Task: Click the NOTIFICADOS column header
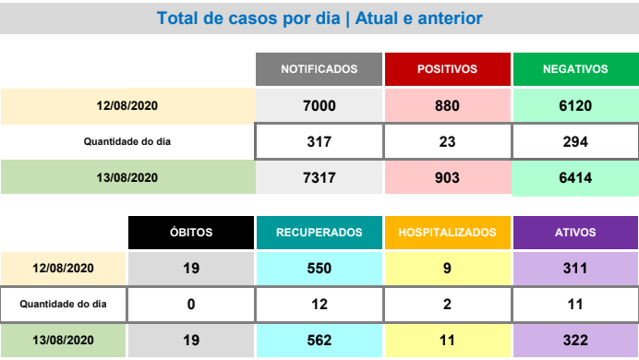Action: pos(319,69)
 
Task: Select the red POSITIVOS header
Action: pos(448,69)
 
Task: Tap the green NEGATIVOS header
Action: pos(576,69)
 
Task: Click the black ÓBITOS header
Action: pos(191,233)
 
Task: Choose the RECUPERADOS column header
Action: pos(319,233)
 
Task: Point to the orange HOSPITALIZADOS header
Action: pos(448,233)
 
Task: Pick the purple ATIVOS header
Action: pos(575,233)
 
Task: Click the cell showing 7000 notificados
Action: pos(319,106)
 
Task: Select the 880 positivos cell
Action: pos(448,106)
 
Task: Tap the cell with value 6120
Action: pos(576,106)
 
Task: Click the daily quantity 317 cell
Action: pos(319,142)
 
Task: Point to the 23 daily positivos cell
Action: pos(448,142)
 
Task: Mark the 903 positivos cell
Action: pos(448,177)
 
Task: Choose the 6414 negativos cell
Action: pos(576,178)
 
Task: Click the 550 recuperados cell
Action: pos(319,269)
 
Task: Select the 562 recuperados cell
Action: pos(319,341)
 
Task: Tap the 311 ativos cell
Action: pos(575,269)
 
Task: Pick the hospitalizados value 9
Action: pos(448,269)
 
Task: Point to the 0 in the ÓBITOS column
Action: pos(191,305)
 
